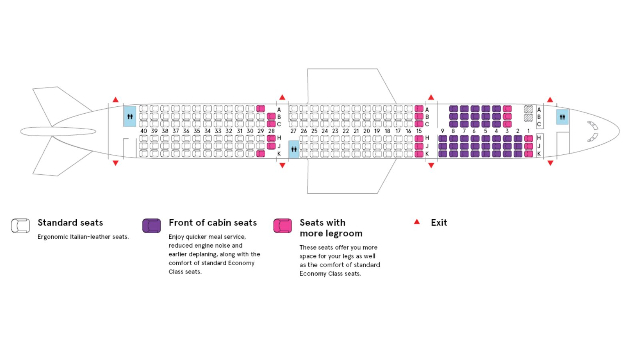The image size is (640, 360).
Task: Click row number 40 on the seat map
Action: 144,131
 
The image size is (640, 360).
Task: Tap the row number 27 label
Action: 293,131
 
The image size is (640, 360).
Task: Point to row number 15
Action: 419,131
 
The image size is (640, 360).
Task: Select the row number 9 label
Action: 442,131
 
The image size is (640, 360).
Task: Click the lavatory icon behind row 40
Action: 130,116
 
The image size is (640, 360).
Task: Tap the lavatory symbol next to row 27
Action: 294,149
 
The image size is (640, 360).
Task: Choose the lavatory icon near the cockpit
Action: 562,117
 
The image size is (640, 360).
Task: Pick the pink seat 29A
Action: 260,108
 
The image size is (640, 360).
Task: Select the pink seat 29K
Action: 260,154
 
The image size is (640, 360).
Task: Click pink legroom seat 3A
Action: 507,109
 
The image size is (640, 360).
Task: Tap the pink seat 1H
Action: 528,138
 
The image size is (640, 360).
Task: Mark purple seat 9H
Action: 442,138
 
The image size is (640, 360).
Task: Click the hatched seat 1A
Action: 528,109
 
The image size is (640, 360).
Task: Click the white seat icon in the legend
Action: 20,226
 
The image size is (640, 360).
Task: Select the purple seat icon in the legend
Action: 152,226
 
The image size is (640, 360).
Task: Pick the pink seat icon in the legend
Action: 282,226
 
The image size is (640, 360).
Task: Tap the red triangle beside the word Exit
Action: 417,222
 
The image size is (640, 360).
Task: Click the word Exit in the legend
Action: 439,222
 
